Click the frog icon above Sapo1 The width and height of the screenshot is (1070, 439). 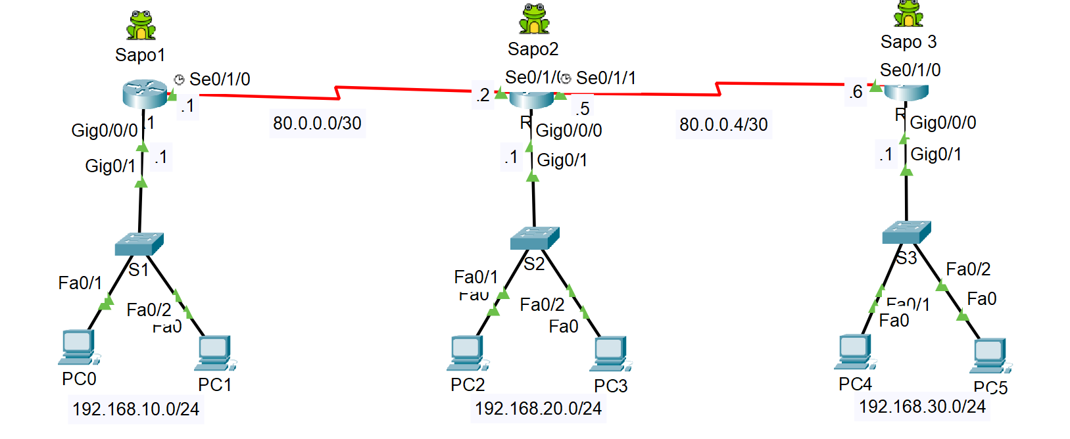141,26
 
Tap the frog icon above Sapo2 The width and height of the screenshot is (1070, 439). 533,19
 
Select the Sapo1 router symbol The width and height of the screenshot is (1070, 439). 145,94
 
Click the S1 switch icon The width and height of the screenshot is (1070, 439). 139,244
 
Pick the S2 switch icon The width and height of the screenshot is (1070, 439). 535,238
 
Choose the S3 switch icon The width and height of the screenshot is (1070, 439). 906,232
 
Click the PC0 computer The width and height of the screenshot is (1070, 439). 78,347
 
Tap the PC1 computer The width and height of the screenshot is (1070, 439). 215,354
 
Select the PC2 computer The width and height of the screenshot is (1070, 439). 467,354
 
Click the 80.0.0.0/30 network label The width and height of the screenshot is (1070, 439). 317,124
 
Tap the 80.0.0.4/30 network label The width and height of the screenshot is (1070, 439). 723,125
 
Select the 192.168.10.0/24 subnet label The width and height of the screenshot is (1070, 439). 135,409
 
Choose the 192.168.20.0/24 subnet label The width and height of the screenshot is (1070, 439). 538,409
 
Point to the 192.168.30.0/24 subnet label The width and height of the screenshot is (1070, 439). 922,407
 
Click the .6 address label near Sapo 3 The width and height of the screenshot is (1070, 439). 856,92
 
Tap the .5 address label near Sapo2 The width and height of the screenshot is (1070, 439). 582,108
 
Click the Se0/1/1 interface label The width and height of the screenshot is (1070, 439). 606,78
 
